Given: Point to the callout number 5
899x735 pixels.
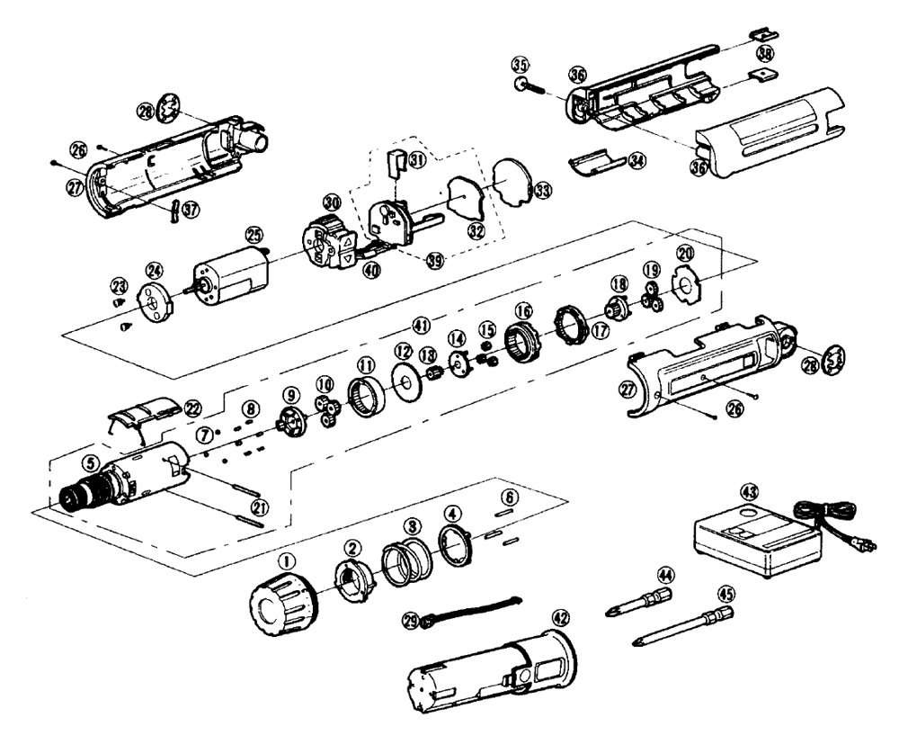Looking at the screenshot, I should click(x=90, y=463).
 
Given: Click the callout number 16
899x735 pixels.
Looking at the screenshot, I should click(x=522, y=310).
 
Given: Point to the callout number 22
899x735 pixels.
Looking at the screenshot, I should click(x=191, y=406).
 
